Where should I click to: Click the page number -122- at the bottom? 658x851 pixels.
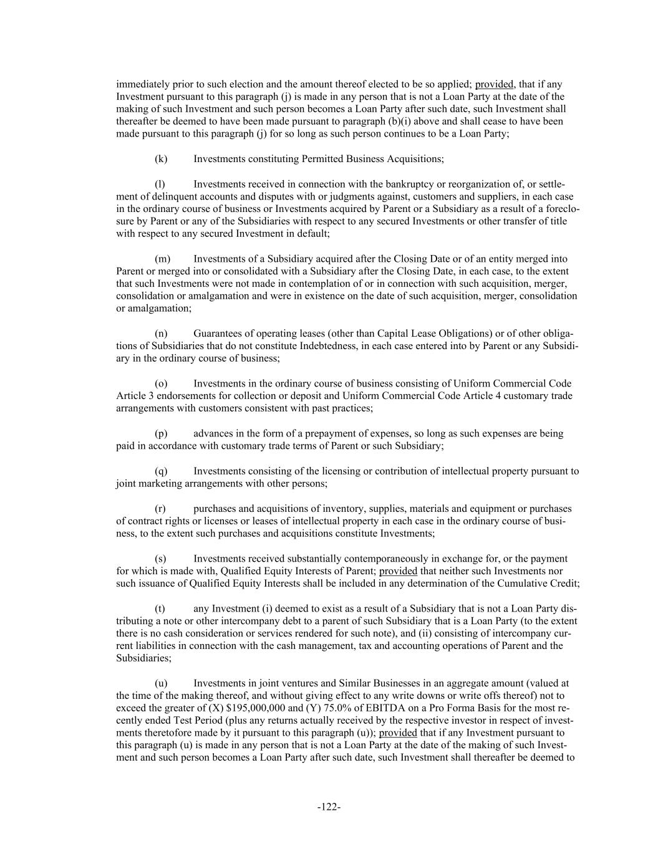point(329,807)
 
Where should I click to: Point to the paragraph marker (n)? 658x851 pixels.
point(161,334)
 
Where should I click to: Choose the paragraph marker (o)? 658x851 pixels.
point(161,383)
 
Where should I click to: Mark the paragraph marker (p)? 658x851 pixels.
point(161,433)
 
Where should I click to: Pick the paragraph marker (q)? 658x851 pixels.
point(161,471)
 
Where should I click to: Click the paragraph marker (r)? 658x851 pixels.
point(160,509)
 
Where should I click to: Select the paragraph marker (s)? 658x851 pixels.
point(160,559)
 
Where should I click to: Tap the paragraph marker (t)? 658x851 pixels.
point(160,608)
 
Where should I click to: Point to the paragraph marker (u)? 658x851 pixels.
point(161,683)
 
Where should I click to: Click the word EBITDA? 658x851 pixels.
point(388,708)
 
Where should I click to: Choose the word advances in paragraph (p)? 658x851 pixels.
point(211,433)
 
